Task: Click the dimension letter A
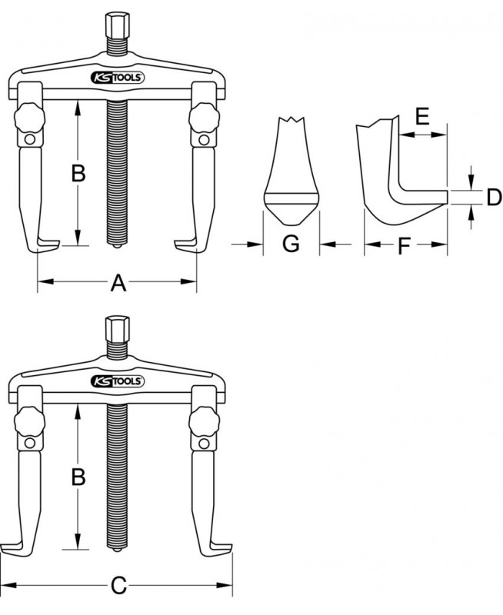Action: pyautogui.click(x=118, y=283)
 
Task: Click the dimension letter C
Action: pyautogui.click(x=118, y=586)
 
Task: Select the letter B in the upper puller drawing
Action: pyautogui.click(x=78, y=174)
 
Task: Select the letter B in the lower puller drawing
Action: pyautogui.click(x=78, y=477)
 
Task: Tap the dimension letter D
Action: pyautogui.click(x=494, y=197)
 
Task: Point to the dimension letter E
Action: pyautogui.click(x=422, y=117)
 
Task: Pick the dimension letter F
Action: pyautogui.click(x=404, y=246)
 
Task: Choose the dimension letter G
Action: pyautogui.click(x=291, y=244)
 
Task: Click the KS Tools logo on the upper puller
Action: pyautogui.click(x=118, y=78)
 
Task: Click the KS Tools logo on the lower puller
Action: pyautogui.click(x=118, y=381)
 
